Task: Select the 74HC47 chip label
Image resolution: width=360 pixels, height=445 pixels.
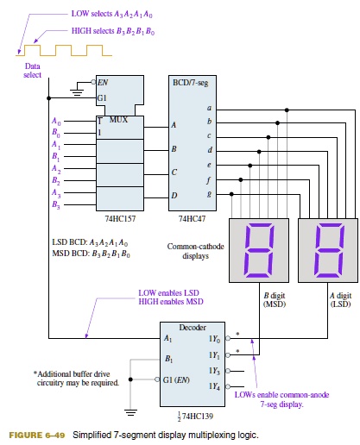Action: tap(190, 219)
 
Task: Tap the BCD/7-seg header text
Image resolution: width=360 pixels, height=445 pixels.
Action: tap(192, 79)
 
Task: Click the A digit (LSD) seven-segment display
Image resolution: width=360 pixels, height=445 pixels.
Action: tap(327, 250)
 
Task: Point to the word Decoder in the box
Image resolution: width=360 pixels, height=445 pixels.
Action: tap(191, 328)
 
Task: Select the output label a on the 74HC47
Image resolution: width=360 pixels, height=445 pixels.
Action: tap(208, 108)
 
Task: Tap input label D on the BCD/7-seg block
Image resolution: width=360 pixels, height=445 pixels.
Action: tap(174, 195)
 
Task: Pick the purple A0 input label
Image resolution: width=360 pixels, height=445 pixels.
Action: tap(56, 122)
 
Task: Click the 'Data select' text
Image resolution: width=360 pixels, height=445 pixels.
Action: tap(31, 71)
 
